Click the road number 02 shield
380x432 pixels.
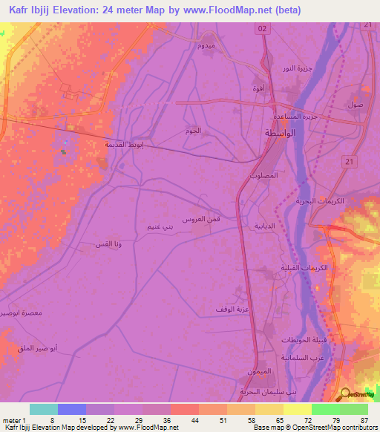261,28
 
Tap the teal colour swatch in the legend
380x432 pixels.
43,409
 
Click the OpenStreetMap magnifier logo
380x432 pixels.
344,395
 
